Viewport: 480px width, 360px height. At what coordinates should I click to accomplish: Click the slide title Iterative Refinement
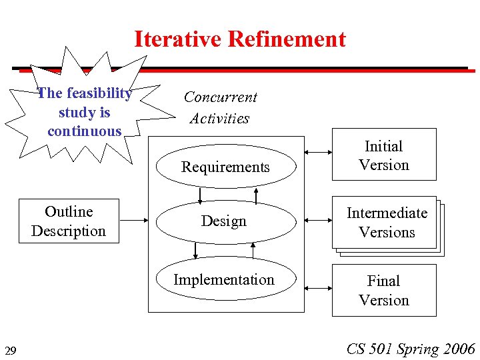(240, 39)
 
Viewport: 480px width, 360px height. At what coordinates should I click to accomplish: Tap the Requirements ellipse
(225, 167)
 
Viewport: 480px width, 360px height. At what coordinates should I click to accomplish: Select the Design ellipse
(225, 221)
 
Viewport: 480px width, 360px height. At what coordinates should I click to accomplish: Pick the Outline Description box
(69, 221)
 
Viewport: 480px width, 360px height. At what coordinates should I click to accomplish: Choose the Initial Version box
(384, 155)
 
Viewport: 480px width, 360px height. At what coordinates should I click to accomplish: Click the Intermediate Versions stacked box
(386, 223)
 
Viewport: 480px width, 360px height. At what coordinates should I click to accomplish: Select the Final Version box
(384, 290)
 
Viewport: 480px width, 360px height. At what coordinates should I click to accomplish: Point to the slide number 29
(11, 351)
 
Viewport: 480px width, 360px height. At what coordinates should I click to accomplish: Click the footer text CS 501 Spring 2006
(411, 349)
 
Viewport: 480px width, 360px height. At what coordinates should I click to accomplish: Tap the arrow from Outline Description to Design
(133, 219)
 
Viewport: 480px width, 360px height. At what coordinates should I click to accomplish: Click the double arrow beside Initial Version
(317, 153)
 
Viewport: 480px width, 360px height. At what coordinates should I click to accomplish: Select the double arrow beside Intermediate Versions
(317, 219)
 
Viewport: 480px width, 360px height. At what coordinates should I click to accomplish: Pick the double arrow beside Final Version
(317, 287)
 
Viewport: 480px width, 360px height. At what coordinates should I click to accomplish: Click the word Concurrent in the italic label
(221, 97)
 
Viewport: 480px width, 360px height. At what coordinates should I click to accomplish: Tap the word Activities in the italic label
(219, 119)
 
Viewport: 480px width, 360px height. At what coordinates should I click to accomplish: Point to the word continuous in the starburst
(85, 131)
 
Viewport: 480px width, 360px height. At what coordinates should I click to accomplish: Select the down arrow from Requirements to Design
(199, 195)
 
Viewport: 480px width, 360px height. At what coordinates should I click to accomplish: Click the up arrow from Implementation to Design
(253, 250)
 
